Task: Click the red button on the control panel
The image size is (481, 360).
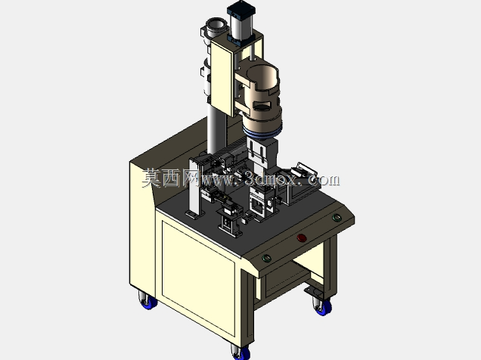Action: (301, 238)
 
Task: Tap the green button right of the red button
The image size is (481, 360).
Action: (337, 218)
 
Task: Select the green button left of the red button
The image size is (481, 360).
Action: (266, 258)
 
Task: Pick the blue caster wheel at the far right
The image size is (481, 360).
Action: (324, 308)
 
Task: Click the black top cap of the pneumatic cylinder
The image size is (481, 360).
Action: (240, 8)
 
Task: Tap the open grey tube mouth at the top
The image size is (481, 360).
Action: (216, 24)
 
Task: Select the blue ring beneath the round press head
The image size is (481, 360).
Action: (262, 132)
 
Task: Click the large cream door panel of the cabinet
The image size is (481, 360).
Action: (198, 278)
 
